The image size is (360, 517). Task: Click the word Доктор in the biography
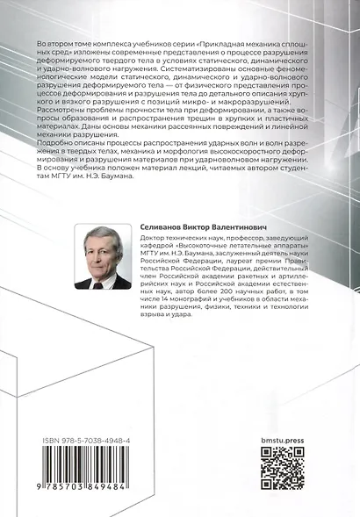155,240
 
